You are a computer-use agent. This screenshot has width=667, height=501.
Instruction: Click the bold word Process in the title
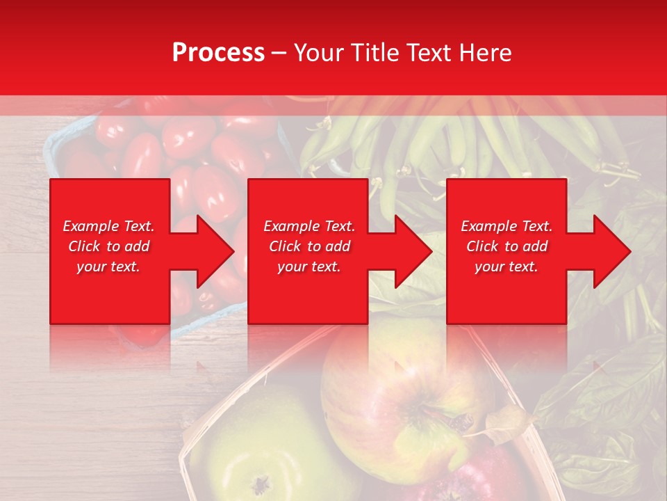coord(218,53)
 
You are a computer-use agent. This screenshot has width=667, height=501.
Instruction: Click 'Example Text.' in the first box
coord(109,226)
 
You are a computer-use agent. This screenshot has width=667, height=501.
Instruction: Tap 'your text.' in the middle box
coord(308,267)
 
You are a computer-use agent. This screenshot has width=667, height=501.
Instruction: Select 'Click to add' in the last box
coord(507,246)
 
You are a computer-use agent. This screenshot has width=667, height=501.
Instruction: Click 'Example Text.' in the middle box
coord(308,226)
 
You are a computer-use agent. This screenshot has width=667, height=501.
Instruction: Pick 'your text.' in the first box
coord(109,267)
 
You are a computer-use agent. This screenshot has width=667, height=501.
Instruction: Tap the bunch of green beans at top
coord(445,139)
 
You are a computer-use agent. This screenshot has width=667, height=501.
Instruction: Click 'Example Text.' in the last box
coord(507,226)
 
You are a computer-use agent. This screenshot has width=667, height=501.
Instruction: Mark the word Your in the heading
coord(319,53)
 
